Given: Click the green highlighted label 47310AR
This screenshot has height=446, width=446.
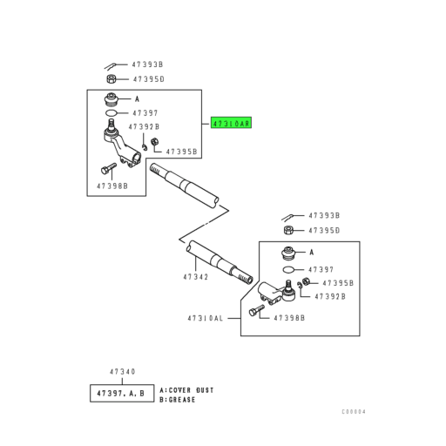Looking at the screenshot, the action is pos(231,123).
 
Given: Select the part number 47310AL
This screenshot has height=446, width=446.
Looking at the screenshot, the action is pos(206,318).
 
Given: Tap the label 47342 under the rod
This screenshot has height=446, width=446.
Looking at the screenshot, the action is pos(196,277).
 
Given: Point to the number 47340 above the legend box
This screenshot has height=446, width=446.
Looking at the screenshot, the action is pos(122,372).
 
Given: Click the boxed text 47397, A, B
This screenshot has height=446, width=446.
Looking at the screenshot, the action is pos(121,394).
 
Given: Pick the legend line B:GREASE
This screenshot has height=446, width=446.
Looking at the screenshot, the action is pos(177,400).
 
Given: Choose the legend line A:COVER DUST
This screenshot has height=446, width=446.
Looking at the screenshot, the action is pos(186,390).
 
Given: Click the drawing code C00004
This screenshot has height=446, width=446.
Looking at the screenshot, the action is pos(354,412).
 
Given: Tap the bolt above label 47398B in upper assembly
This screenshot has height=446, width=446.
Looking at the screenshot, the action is pos(109,168).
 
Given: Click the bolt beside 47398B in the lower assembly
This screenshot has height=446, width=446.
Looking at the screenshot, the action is pos(257,310).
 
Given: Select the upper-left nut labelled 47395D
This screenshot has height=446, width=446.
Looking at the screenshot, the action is pos(111,78).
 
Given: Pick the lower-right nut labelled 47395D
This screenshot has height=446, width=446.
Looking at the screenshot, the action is pos(288,230).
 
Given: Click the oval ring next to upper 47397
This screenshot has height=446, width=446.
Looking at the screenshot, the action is pos(111,113).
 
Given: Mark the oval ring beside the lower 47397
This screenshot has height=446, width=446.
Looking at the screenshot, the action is pos(288,270).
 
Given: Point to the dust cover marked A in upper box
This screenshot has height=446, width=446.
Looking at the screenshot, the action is pos(111,100).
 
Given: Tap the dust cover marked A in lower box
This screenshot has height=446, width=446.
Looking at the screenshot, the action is pos(288,253).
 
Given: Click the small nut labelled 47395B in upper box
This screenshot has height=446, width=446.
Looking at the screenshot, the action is pos(155,142).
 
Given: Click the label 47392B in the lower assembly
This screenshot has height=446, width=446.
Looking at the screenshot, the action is pos(330,296).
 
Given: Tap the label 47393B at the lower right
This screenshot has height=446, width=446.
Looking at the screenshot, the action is pos(324,215).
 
